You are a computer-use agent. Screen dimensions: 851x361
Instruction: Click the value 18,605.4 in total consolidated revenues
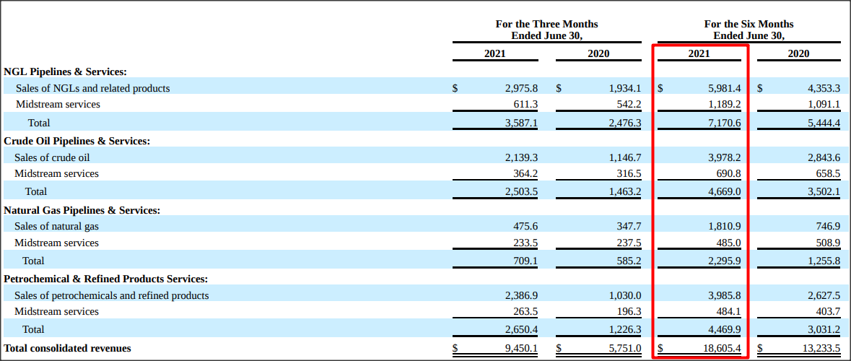coord(718,348)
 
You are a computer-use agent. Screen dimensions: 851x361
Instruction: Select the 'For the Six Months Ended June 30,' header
coord(749,30)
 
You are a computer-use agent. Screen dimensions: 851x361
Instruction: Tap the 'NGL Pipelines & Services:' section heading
coord(65,71)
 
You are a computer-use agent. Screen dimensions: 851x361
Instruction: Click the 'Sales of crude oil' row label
coord(52,157)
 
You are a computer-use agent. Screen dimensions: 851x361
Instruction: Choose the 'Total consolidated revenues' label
coord(67,348)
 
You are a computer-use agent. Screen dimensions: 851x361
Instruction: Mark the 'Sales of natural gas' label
coord(56,227)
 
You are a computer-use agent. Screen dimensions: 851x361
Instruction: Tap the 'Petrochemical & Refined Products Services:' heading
coord(106,279)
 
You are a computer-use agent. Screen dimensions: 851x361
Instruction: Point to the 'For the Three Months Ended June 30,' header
coord(546,30)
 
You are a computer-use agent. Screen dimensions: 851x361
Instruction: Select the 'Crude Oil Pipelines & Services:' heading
coord(77,141)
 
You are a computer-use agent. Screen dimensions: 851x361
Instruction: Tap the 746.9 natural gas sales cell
coord(828,227)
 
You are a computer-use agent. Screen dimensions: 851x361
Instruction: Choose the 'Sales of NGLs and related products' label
coord(93,88)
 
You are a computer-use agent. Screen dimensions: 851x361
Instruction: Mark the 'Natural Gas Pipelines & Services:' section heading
coord(82,210)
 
